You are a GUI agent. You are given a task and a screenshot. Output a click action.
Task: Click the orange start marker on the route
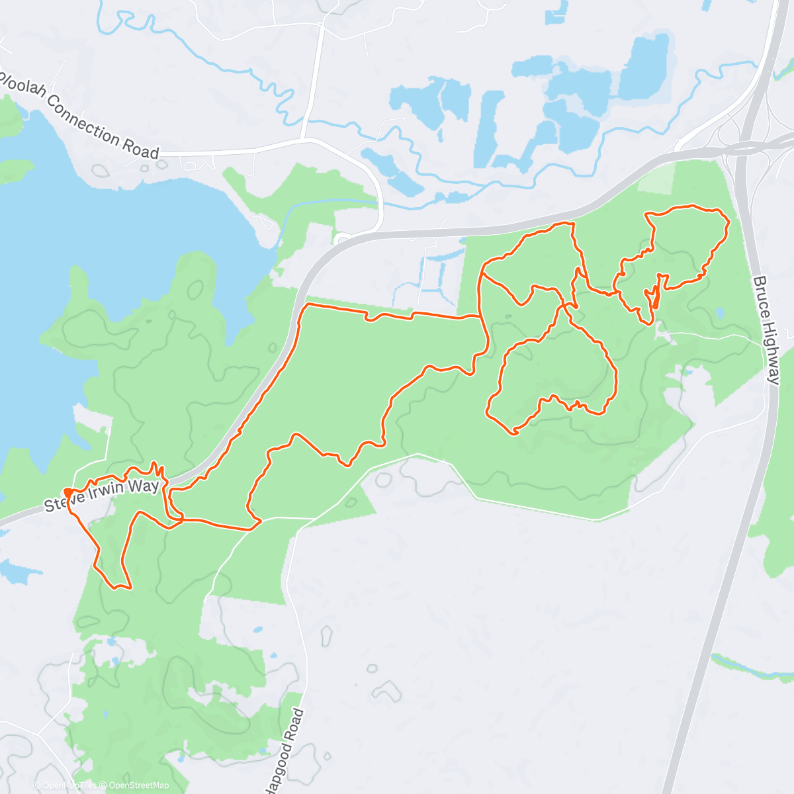[68, 492]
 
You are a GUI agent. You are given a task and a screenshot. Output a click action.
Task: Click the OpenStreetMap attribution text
[139, 785]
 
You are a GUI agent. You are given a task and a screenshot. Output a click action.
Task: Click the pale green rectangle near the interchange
[657, 177]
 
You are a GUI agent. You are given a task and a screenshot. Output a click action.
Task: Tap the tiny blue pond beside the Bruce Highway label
[720, 312]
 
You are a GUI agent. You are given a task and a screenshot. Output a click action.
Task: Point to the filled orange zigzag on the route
[654, 296]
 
